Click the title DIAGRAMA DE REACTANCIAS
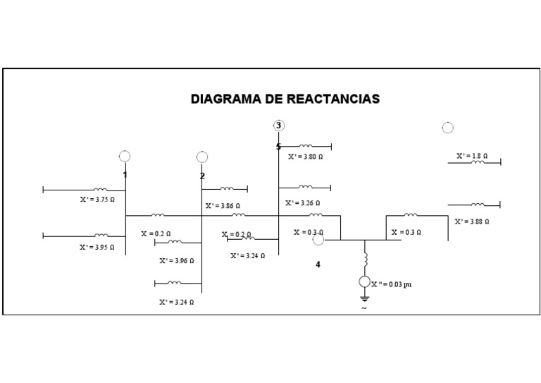coord(285,99)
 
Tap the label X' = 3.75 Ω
coord(97,200)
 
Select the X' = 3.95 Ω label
coord(97,248)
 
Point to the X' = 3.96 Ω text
coord(176,260)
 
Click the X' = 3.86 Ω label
coord(223,206)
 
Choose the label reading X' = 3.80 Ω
coord(305,157)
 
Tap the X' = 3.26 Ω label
coord(302,203)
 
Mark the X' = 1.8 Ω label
coord(472,155)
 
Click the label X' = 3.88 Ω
coord(472,221)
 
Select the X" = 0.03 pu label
coord(392,284)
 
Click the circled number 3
coord(279,126)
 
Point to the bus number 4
coord(318,265)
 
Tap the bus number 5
coord(278,147)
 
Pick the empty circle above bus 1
coord(125,157)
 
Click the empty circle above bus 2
coord(202,157)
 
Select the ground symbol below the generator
coord(364,299)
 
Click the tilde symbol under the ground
coord(364,308)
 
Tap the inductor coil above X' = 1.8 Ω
coord(478,162)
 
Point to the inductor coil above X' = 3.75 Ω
coord(101,189)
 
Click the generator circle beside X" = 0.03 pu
coord(364,282)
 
